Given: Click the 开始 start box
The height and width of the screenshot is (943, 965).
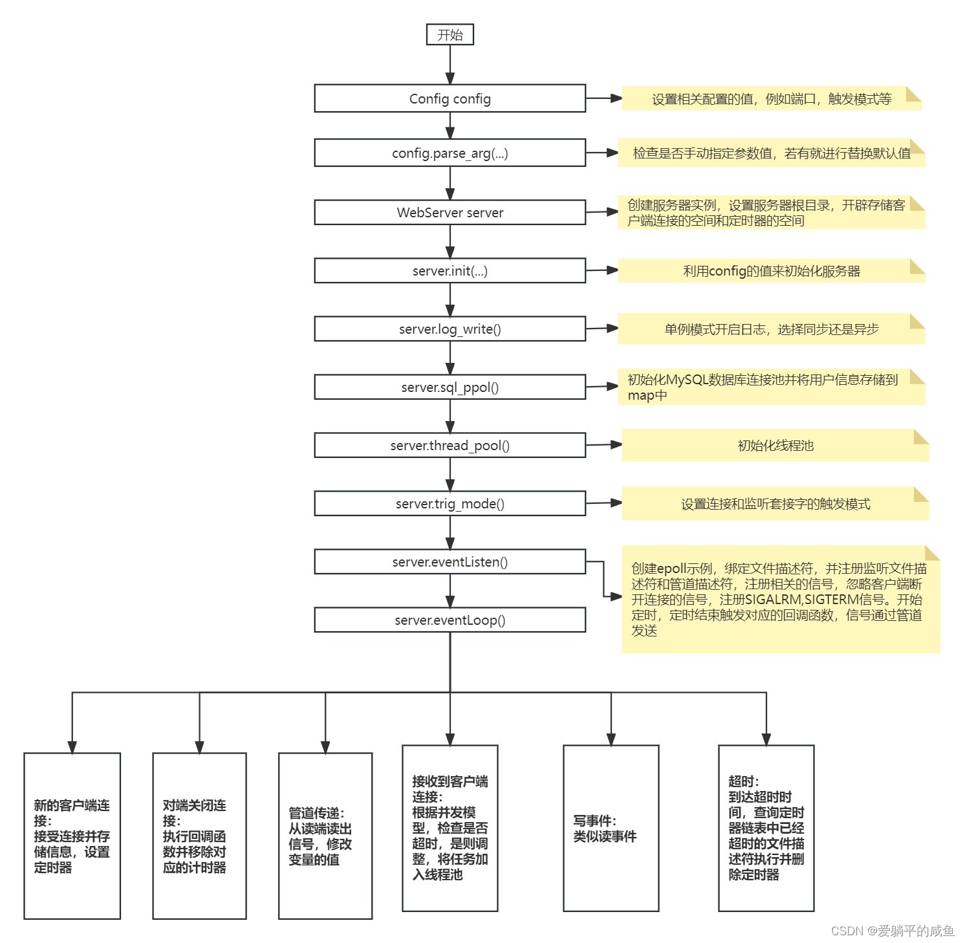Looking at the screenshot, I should [450, 34].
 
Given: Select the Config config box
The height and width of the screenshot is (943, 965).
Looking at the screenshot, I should [450, 98].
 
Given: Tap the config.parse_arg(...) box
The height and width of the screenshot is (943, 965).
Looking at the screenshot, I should [450, 153].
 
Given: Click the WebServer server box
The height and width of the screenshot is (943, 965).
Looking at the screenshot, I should [450, 212].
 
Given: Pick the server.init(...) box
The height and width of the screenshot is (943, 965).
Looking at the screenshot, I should [450, 270].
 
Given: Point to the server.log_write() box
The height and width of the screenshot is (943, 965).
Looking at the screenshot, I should [450, 329].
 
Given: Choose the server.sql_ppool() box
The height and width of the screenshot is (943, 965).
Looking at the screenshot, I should [450, 387].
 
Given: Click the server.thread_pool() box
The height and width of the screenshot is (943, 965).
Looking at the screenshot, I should [450, 445].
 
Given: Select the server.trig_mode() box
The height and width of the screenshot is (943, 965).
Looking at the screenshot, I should [450, 503].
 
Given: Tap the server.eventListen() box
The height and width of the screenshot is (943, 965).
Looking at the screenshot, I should [450, 561].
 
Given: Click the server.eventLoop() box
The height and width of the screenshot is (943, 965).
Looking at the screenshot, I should [450, 620].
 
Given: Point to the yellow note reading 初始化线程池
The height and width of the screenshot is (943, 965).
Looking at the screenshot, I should [775, 445].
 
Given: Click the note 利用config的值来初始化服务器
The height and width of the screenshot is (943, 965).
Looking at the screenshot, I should [771, 271].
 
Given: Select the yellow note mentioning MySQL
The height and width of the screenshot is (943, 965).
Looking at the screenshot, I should [771, 387].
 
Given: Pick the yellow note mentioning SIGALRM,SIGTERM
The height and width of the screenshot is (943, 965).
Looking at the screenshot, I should [780, 600].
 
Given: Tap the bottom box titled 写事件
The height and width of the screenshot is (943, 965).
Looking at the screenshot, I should [611, 828].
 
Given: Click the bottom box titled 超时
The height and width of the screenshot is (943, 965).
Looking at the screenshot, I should [766, 828].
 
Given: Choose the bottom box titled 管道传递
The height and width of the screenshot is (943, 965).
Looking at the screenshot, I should [325, 836].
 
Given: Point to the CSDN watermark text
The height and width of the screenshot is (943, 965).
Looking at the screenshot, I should [892, 930].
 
